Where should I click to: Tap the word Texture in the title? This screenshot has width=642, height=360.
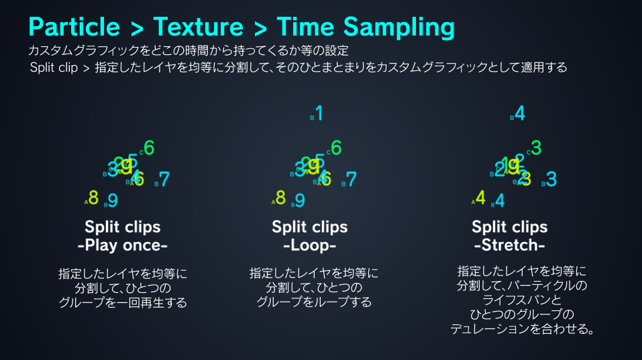(x=198, y=27)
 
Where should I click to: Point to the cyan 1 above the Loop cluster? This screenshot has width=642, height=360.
(x=319, y=114)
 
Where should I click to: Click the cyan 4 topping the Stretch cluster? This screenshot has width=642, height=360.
(x=520, y=114)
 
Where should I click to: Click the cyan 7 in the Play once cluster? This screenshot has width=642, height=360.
(x=164, y=180)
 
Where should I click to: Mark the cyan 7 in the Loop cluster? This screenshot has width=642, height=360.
(x=351, y=180)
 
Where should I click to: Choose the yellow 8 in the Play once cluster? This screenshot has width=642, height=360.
(x=93, y=198)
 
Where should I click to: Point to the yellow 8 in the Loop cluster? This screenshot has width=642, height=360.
(x=280, y=198)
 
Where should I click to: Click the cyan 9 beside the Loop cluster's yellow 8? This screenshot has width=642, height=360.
(x=300, y=200)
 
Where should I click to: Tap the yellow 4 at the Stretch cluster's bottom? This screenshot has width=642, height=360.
(x=480, y=198)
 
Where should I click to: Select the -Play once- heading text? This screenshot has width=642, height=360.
(x=123, y=245)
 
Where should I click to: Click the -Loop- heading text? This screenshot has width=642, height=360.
(x=309, y=245)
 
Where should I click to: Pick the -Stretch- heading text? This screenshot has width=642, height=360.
(x=510, y=244)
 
